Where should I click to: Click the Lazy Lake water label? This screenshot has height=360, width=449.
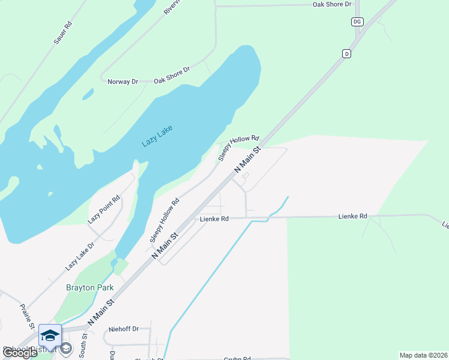point(152,136)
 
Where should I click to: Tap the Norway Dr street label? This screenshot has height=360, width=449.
point(122,82)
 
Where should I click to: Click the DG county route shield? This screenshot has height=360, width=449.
point(357,22)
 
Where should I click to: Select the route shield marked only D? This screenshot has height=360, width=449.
point(346,54)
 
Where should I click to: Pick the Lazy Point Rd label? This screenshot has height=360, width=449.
point(104,209)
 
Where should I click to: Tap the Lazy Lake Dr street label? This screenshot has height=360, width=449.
point(80,255)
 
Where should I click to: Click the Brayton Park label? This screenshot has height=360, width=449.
point(89,287)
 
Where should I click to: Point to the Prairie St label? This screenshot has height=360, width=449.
point(26,316)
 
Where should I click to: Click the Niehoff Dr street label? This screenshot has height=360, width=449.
point(124,329)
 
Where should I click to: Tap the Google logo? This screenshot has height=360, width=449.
point(20,353)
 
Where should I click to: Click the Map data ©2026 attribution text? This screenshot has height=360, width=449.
point(423,355)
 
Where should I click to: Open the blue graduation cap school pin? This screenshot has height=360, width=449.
point(50,335)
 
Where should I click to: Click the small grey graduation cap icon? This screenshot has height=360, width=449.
point(66,348)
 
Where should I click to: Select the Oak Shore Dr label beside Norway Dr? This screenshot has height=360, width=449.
point(172,75)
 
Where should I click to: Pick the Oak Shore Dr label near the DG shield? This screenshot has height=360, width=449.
point(332,4)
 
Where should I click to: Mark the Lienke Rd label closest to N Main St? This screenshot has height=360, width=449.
point(214,220)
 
